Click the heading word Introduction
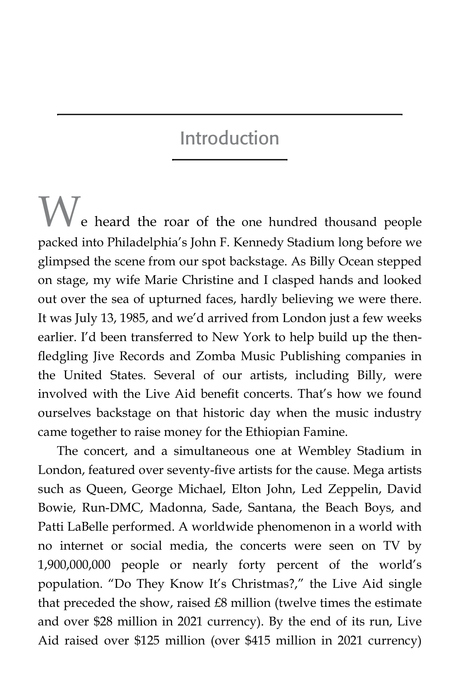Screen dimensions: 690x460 pos(230,138)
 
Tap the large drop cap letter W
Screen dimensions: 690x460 pos(58,212)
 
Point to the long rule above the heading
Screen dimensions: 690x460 pos(230,114)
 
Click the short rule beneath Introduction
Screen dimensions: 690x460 pos(230,159)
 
